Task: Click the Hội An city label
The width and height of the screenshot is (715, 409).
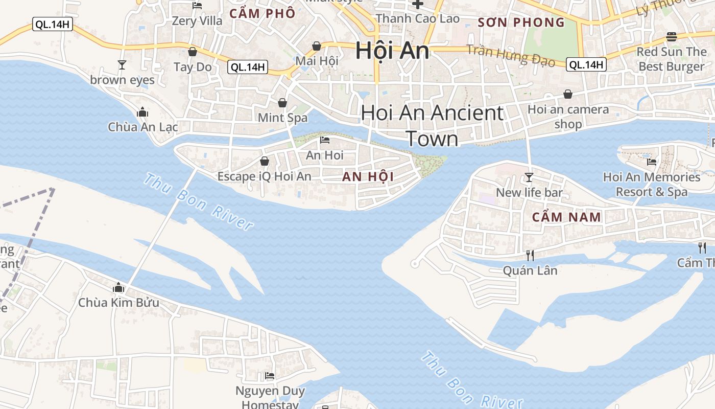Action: click(x=392, y=50)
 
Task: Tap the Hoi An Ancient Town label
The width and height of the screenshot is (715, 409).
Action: click(x=432, y=125)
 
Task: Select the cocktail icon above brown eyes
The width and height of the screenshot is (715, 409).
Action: click(x=122, y=65)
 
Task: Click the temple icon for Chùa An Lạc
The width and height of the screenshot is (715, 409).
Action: click(x=142, y=112)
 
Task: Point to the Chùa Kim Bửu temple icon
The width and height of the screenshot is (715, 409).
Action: click(x=118, y=288)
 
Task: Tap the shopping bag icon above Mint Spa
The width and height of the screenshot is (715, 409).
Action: click(x=282, y=103)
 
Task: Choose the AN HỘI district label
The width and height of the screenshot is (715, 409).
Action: click(x=368, y=177)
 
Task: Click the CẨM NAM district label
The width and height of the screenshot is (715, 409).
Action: click(x=566, y=217)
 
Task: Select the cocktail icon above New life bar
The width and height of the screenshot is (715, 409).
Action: click(x=529, y=177)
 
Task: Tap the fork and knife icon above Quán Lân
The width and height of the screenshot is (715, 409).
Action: click(x=530, y=255)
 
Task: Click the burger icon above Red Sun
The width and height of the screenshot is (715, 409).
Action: click(x=672, y=37)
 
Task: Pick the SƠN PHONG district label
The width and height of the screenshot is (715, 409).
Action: click(x=521, y=22)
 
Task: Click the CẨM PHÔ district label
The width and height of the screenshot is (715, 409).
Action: click(x=263, y=13)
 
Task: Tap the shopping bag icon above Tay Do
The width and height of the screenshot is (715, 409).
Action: click(x=193, y=52)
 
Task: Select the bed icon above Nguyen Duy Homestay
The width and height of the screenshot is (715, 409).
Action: click(x=270, y=376)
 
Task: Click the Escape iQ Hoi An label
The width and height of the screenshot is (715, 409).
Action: click(x=264, y=176)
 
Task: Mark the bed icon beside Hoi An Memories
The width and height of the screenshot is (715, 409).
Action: click(x=652, y=162)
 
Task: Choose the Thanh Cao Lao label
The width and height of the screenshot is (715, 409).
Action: click(x=418, y=19)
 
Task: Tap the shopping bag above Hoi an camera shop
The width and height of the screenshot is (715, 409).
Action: click(x=568, y=94)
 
